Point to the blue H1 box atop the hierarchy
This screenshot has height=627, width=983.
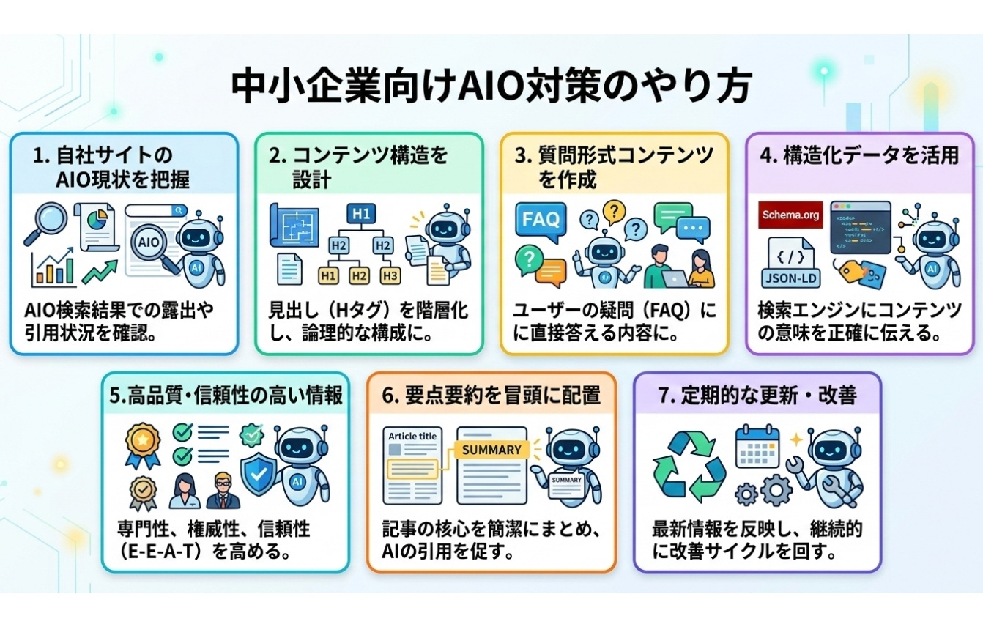(x=359, y=214)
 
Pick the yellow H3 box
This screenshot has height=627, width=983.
(x=390, y=275)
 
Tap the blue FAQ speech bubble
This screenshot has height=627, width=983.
(x=541, y=220)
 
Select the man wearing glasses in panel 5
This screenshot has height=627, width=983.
(x=223, y=489)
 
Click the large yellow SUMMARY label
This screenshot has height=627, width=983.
(x=491, y=449)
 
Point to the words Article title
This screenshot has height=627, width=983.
(x=413, y=437)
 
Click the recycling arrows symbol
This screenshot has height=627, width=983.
(x=689, y=467)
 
